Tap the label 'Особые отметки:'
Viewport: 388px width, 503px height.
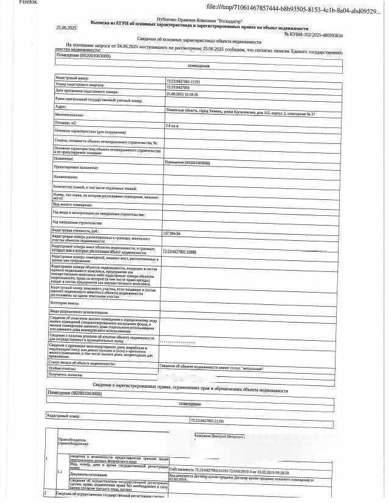click(x=64, y=368)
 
